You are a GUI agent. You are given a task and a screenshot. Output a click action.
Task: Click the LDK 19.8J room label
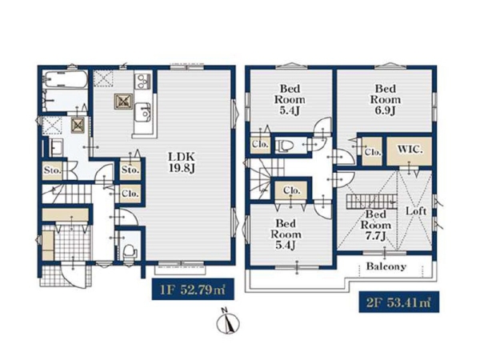point(182,162)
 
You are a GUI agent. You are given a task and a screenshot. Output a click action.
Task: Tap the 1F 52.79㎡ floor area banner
point(193,289)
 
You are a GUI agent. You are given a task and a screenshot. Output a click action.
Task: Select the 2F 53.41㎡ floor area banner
point(399,302)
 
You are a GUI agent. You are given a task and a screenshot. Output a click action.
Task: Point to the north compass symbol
point(228,322)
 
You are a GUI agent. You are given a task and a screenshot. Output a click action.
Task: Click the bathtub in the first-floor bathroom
point(65,79)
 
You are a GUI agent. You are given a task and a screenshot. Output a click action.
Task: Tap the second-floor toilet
point(282,146)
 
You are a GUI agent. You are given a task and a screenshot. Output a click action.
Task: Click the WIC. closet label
point(410,150)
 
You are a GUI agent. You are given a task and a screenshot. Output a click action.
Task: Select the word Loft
point(416,211)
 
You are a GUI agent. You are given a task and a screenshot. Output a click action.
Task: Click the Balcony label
point(386,266)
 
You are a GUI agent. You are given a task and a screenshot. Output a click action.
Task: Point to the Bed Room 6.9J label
point(386,99)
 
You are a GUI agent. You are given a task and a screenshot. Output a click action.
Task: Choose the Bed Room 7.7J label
point(376,226)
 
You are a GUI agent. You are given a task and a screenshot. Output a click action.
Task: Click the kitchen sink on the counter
point(143,112)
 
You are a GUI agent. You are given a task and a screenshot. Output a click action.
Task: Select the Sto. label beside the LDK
point(130,170)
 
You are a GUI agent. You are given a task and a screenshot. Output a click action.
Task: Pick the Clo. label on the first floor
point(130,194)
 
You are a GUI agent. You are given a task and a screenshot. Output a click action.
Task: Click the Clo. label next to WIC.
point(373,152)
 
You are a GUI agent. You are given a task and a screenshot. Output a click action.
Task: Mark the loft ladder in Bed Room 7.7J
point(372,202)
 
